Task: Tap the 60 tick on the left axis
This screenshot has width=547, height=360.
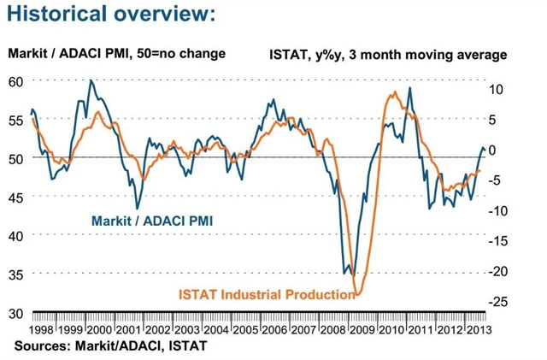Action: click(x=15, y=81)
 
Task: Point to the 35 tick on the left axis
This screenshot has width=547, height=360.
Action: click(x=15, y=274)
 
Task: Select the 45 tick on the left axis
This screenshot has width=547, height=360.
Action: click(x=15, y=197)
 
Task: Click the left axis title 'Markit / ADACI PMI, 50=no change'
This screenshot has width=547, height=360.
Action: click(x=116, y=54)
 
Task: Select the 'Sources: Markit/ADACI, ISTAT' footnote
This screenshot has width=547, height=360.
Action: click(x=110, y=345)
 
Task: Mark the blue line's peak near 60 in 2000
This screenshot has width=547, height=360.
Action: click(x=91, y=80)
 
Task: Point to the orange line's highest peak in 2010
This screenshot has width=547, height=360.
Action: click(x=394, y=91)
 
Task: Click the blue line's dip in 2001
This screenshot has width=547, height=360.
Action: click(x=138, y=208)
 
